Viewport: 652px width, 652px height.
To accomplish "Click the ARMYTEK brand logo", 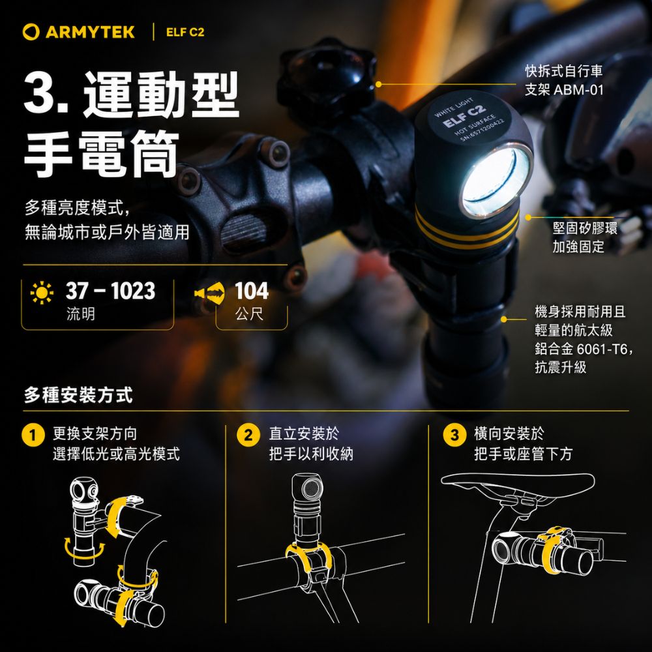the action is [x=79, y=32].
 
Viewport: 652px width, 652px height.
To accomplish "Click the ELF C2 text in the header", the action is [x=185, y=33].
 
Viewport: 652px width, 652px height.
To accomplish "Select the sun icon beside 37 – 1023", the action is [x=42, y=292].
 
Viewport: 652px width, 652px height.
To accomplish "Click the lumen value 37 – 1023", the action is [x=111, y=291].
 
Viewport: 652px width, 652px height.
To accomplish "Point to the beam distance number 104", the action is [x=252, y=291].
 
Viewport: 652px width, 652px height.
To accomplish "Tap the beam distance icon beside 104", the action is [x=209, y=293].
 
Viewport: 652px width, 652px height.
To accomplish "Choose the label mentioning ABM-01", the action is [x=563, y=80].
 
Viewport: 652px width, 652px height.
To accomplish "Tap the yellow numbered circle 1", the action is [x=33, y=435].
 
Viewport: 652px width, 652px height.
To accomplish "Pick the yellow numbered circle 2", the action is [x=248, y=435].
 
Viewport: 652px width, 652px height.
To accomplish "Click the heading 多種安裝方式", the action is [x=79, y=394].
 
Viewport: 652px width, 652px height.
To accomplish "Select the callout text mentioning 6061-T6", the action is [x=584, y=339].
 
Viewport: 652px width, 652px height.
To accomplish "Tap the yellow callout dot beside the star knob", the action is [x=378, y=84].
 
